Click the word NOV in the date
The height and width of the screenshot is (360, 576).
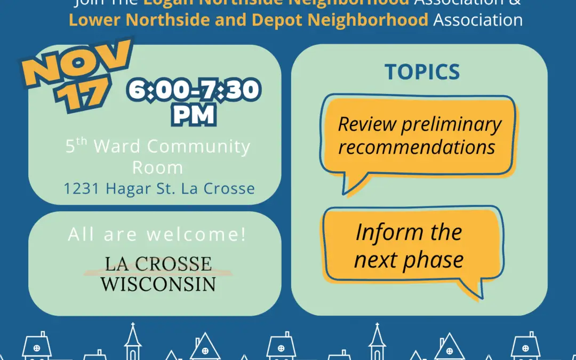[x=79, y=67]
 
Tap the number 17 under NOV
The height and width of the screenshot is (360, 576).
[x=84, y=96]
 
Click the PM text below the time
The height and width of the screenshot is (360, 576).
[x=194, y=115]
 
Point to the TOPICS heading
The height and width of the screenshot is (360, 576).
[x=422, y=73]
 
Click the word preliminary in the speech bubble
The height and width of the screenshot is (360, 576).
[x=451, y=124]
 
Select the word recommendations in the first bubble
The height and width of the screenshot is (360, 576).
[x=417, y=147]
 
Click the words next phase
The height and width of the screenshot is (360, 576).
[x=409, y=260]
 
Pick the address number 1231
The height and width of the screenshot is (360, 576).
[x=82, y=188]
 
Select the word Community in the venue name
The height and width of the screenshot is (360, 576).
[x=198, y=146]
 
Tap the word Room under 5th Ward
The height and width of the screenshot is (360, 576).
[x=157, y=167]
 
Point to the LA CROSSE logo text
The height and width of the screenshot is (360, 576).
[x=158, y=263]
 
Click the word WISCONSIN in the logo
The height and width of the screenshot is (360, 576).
[x=158, y=283]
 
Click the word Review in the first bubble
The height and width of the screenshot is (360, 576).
[x=367, y=124]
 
